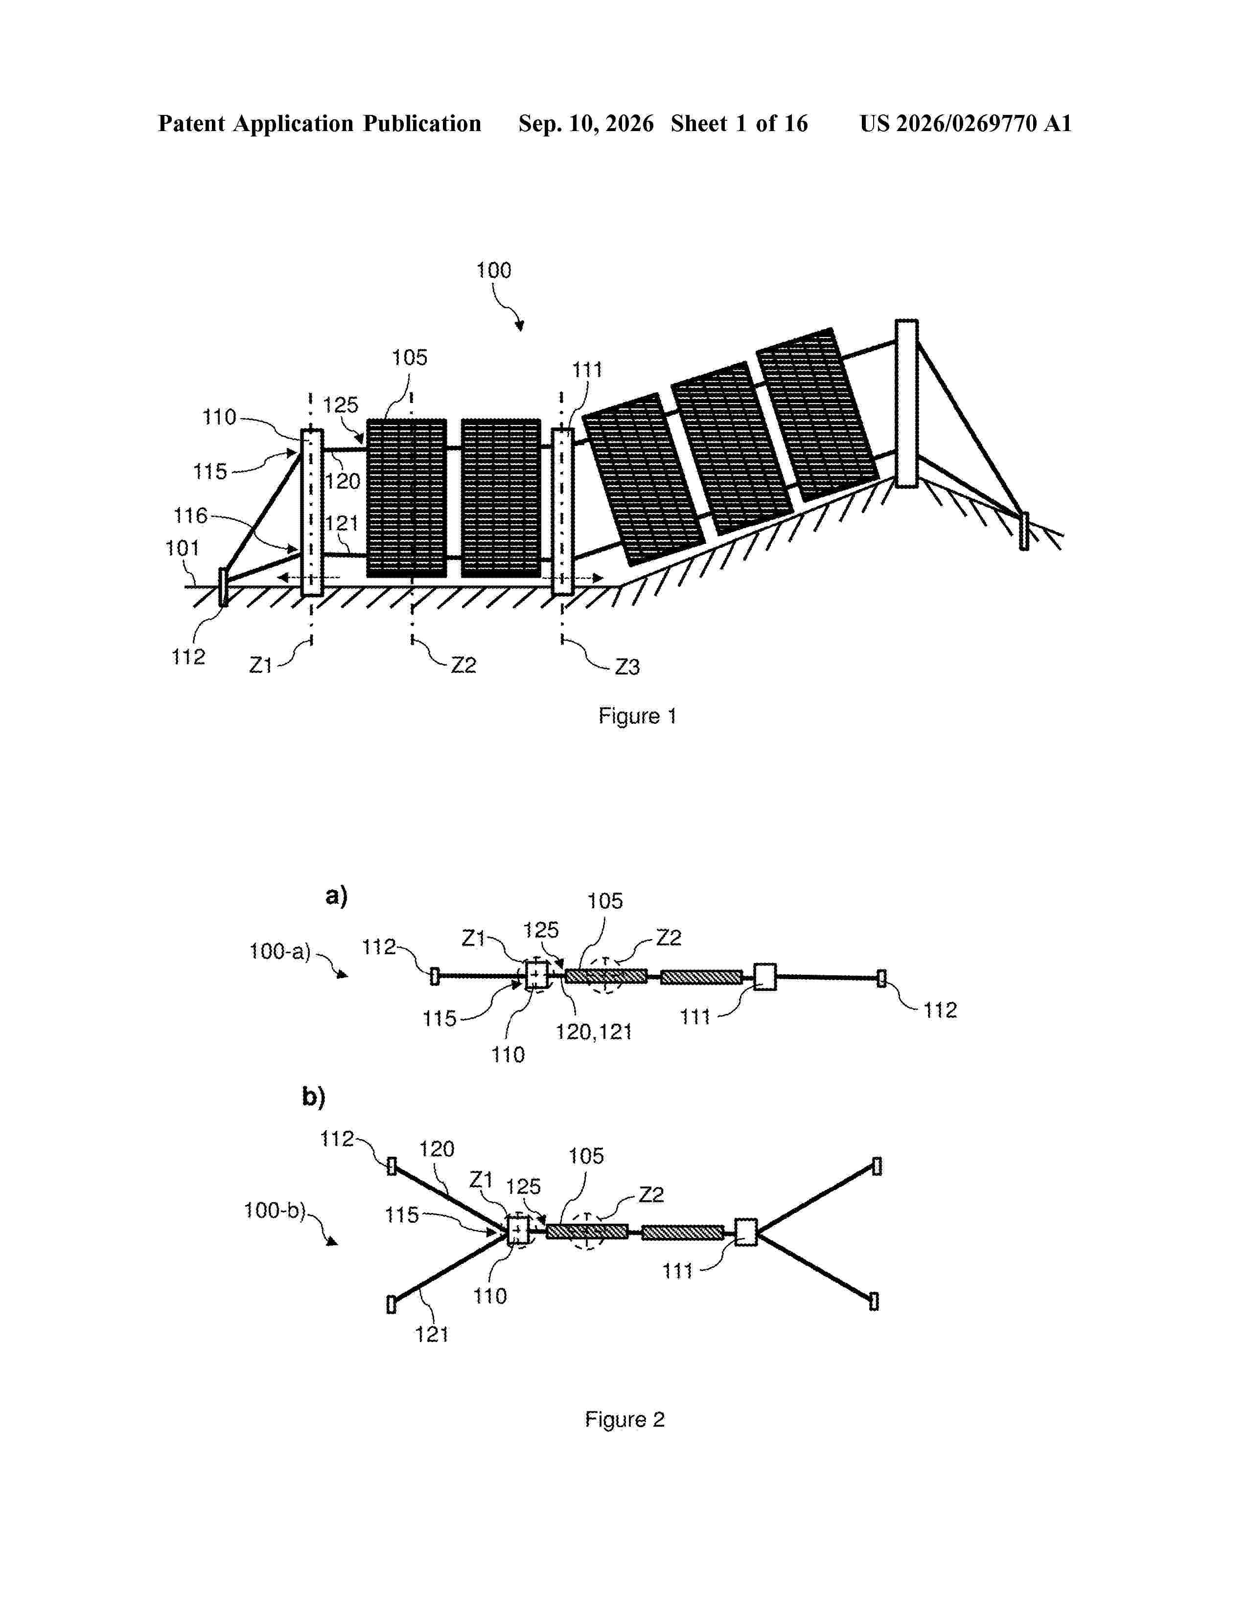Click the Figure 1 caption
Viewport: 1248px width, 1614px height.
tap(637, 716)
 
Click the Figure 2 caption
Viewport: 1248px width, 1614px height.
tap(625, 1420)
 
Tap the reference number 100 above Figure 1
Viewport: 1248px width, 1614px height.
tap(494, 270)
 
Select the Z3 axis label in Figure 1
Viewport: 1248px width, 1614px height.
tap(628, 667)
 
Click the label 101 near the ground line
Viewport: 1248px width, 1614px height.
tap(182, 548)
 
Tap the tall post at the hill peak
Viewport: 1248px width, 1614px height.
tap(906, 403)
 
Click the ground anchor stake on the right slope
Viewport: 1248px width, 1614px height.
tap(1024, 531)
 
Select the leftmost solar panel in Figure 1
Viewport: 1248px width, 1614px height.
tap(407, 498)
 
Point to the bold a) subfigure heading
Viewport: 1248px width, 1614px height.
tap(336, 896)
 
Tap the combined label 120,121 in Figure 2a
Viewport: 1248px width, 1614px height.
tap(594, 1031)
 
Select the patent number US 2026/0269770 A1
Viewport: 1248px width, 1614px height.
tap(966, 123)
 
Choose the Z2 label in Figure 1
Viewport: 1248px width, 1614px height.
tap(463, 665)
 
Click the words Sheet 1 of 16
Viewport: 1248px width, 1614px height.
tap(740, 123)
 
